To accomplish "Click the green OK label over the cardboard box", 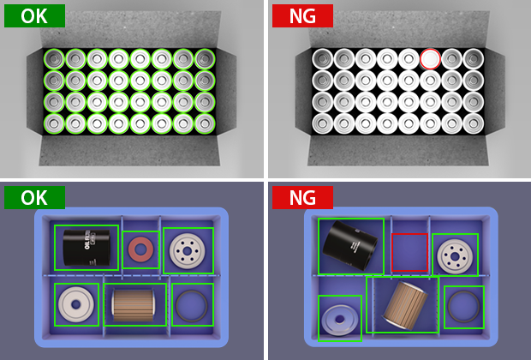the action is [34, 15].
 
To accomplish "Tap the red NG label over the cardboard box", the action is [302, 15].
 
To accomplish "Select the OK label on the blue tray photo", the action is [34, 197].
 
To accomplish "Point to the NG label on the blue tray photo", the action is [302, 197].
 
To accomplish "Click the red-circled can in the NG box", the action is [430, 59].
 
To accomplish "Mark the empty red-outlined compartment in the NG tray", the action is [409, 252].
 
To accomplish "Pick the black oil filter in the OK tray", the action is [87, 248].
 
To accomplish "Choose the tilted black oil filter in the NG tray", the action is [350, 245].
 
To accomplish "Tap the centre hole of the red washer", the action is [140, 249].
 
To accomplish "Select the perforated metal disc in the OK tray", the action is [188, 251].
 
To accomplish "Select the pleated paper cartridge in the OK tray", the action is [134, 305].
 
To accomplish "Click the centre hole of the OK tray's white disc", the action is [76, 304].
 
